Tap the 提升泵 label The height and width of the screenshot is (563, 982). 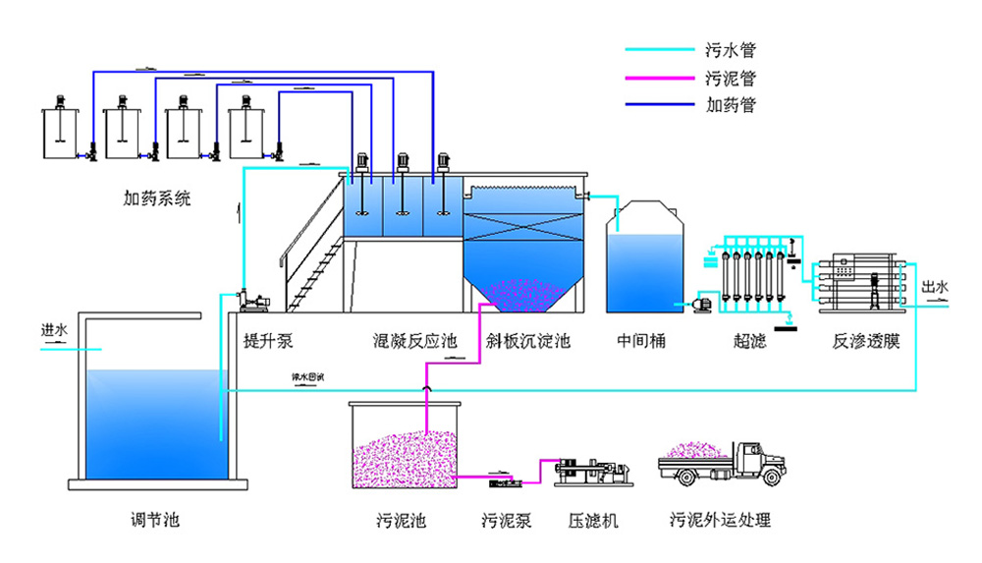tap(268, 342)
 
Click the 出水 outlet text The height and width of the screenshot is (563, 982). tap(936, 287)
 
